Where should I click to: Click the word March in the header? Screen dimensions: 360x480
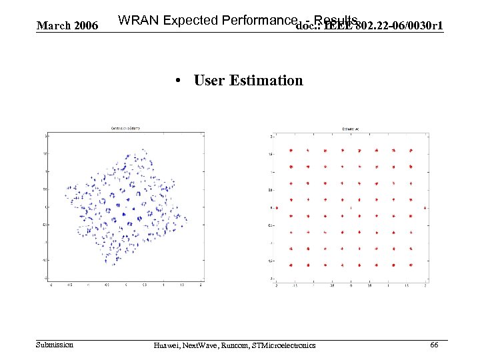tap(51, 26)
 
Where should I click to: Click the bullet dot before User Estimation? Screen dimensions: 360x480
tap(179, 81)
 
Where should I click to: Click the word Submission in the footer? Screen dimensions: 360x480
tap(55, 344)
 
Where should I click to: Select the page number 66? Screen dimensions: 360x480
tap(433, 344)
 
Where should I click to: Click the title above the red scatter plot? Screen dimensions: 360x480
tap(351, 128)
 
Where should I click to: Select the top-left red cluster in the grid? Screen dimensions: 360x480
tap(291, 151)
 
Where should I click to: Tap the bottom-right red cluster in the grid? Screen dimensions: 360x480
tap(411, 265)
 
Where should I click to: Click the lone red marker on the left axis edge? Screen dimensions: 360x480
tap(276, 207)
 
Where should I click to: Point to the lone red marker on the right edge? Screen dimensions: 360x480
tap(425, 207)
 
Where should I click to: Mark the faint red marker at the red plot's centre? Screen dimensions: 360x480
tap(351, 207)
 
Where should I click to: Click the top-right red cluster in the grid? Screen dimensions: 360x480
tap(411, 151)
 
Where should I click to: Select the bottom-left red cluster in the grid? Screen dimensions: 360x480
tap(291, 265)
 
